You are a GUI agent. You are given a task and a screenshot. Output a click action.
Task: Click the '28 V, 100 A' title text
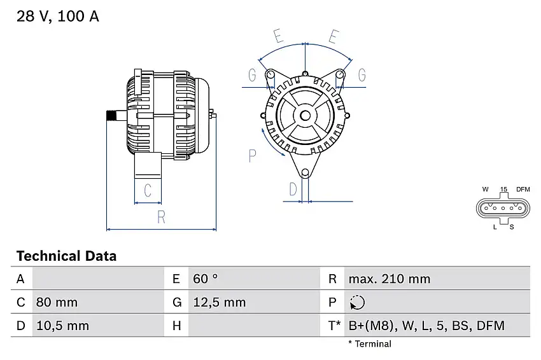click(x=58, y=17)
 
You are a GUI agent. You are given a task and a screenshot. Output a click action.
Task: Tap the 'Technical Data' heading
click(x=66, y=256)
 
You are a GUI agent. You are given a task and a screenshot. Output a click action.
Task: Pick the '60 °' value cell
click(x=205, y=279)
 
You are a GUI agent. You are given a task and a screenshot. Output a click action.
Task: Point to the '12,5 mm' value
click(x=218, y=302)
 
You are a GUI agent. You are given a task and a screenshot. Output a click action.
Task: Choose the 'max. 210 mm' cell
click(x=389, y=279)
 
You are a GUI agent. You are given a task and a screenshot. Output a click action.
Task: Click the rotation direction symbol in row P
click(x=357, y=303)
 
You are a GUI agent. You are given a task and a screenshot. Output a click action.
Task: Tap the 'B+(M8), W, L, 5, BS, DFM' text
click(x=426, y=326)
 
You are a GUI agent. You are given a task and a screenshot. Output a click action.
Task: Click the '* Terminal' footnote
click(x=370, y=343)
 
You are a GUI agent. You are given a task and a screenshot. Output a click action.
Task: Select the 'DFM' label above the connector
click(x=523, y=190)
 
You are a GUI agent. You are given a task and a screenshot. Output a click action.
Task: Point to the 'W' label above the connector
click(x=485, y=190)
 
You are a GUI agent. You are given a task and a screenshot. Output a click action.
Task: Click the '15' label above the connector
click(x=503, y=190)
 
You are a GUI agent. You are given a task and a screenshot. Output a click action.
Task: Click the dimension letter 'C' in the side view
click(x=147, y=190)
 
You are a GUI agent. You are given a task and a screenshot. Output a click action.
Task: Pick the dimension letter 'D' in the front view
click(x=293, y=189)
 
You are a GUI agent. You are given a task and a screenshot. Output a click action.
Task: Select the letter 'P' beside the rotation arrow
click(x=253, y=155)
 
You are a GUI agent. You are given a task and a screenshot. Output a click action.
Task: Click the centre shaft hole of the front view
click(x=306, y=115)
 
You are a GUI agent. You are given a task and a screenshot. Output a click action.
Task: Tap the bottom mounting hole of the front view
click(x=306, y=172)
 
